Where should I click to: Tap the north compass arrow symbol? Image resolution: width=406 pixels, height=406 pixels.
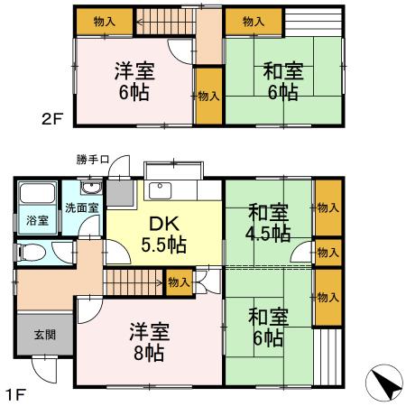(385, 386)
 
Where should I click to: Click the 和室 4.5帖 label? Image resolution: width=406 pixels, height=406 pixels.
(268, 223)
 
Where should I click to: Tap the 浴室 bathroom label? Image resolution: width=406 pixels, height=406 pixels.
(36, 219)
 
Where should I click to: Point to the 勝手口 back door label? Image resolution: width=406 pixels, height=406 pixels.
(93, 161)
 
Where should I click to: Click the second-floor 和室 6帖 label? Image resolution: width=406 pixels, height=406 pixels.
(281, 81)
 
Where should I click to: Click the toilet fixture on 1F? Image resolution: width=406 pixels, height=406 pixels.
(29, 254)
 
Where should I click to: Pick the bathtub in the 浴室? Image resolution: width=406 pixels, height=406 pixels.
(37, 194)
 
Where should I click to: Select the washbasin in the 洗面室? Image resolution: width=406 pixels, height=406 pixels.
(90, 189)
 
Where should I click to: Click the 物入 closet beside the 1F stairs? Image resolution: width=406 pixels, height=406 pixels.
(180, 281)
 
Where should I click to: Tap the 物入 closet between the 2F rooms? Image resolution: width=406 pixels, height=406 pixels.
(208, 96)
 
